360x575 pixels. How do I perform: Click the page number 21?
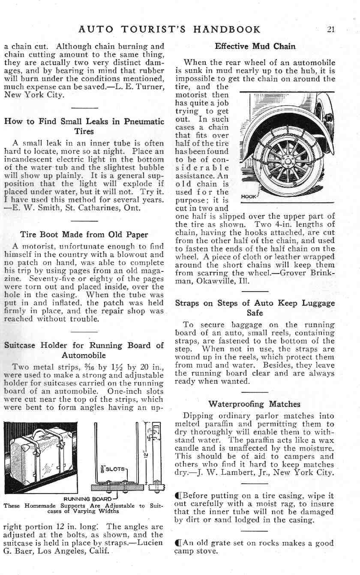click(330, 30)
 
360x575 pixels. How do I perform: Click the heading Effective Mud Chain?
click(255, 46)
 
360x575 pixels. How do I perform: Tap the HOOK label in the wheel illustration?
click(249, 197)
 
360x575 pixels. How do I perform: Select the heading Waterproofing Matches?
click(254, 404)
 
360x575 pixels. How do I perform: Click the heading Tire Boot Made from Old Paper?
click(84, 235)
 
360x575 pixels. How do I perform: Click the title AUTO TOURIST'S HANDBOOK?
click(170, 30)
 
